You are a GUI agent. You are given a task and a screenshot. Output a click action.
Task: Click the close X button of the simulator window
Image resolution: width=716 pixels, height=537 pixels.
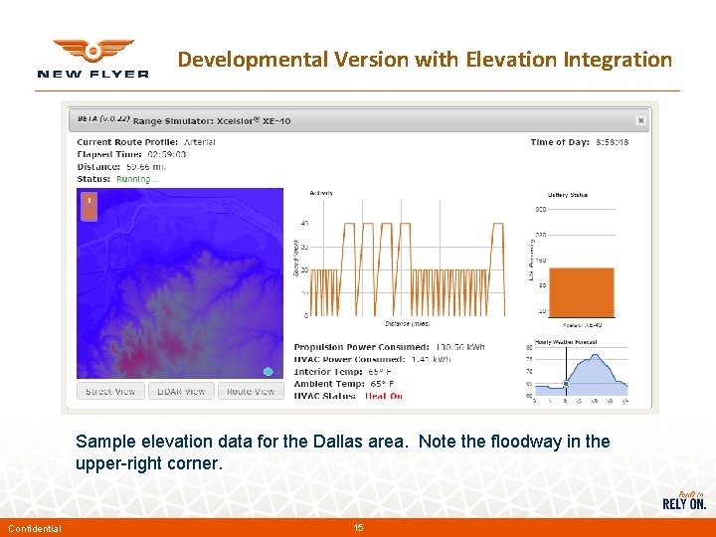(640, 120)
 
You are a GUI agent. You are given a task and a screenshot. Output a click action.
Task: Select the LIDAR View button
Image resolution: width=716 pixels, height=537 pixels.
(181, 392)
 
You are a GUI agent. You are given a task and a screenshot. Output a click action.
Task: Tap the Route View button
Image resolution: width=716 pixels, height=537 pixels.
(251, 392)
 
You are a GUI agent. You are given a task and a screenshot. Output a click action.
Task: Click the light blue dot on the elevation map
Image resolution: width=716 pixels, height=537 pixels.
(268, 371)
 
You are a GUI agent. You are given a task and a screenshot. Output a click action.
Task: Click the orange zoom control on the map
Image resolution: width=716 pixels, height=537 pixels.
(89, 206)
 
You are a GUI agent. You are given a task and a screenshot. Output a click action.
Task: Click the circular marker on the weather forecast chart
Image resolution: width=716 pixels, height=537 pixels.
(566, 383)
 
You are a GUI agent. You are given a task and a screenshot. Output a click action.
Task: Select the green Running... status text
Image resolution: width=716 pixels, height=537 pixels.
(137, 179)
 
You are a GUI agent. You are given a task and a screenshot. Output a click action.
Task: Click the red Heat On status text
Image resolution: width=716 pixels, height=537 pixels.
(384, 396)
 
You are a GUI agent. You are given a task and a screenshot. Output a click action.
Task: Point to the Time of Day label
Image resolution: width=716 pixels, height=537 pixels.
(558, 142)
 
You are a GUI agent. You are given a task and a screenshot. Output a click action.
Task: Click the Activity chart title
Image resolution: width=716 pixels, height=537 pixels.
(321, 193)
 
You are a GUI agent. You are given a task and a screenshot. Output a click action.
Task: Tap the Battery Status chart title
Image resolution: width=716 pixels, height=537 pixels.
(567, 195)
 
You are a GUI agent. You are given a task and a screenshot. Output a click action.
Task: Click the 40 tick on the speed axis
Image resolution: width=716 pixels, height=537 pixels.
(303, 223)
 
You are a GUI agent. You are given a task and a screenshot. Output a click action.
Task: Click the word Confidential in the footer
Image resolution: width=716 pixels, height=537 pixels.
(35, 528)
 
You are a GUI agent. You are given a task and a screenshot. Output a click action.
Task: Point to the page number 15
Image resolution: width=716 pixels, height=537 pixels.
(358, 527)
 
